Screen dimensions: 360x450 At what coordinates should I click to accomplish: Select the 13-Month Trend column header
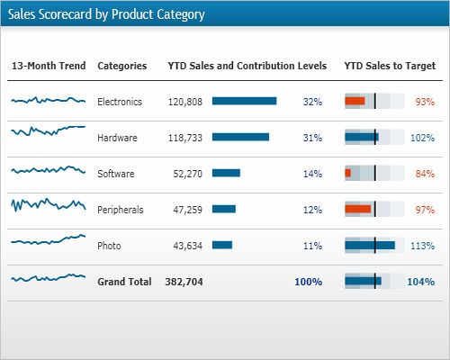click(x=49, y=66)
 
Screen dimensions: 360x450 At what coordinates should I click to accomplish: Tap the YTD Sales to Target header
click(x=390, y=66)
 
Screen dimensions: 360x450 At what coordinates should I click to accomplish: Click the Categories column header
click(x=121, y=66)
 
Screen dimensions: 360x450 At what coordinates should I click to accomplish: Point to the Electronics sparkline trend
click(x=49, y=101)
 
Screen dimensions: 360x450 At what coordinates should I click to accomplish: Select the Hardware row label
click(x=117, y=138)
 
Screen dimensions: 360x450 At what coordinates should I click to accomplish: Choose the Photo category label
click(x=109, y=246)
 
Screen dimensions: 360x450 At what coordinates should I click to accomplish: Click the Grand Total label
click(x=124, y=282)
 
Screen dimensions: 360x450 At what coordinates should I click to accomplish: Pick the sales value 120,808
click(x=185, y=102)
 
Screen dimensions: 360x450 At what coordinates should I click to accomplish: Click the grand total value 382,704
click(x=184, y=282)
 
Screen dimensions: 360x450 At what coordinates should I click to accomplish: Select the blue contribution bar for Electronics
click(x=244, y=101)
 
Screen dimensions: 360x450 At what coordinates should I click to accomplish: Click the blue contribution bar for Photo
click(x=222, y=245)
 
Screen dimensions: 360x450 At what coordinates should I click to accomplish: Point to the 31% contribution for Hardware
click(x=312, y=138)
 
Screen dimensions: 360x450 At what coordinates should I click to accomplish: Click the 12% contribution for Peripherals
click(x=312, y=210)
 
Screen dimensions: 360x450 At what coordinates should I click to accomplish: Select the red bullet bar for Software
click(x=348, y=173)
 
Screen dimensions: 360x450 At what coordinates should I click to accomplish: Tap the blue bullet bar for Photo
click(x=370, y=245)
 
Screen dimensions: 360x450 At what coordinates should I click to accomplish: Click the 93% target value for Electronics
click(x=425, y=102)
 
